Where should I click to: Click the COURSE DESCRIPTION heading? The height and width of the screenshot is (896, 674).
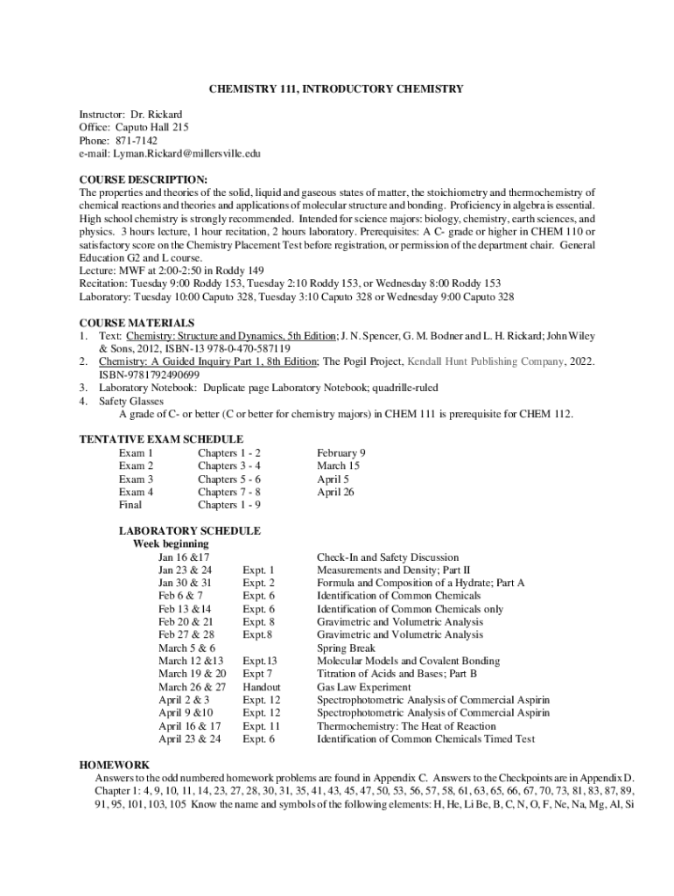click(x=144, y=179)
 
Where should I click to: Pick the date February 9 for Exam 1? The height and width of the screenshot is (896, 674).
click(x=341, y=452)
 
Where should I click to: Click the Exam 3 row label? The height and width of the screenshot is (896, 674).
click(x=137, y=479)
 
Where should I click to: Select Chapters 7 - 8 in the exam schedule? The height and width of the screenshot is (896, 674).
click(x=229, y=492)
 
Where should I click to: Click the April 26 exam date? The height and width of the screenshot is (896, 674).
click(x=335, y=492)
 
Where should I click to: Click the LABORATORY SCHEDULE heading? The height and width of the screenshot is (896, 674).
click(x=189, y=531)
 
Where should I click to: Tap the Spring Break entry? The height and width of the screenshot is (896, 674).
click(x=345, y=648)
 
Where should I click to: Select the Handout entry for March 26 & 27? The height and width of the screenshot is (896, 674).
click(x=262, y=687)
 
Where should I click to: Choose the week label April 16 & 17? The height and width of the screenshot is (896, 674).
click(x=189, y=726)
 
